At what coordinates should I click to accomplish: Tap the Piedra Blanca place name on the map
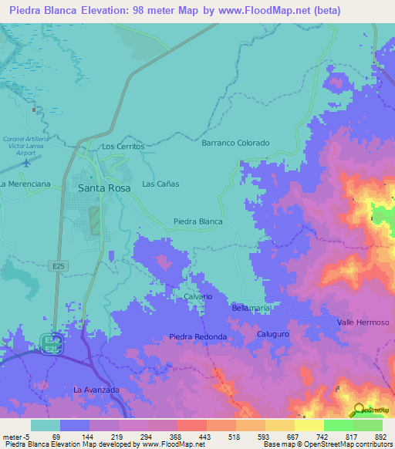point(198,221)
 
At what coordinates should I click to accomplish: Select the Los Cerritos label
point(123,147)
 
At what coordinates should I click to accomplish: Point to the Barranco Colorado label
point(235,143)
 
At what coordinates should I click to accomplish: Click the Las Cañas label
point(160,184)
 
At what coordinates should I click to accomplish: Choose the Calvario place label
point(197,296)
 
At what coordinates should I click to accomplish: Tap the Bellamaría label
point(251,308)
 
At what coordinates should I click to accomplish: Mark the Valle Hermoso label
point(363,322)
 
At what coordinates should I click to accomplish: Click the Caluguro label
point(272,334)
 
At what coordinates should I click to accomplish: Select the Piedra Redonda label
point(198,337)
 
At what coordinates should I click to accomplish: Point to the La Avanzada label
point(96,390)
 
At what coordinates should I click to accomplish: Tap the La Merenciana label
point(25,184)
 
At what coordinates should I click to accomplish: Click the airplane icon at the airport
point(29,163)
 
